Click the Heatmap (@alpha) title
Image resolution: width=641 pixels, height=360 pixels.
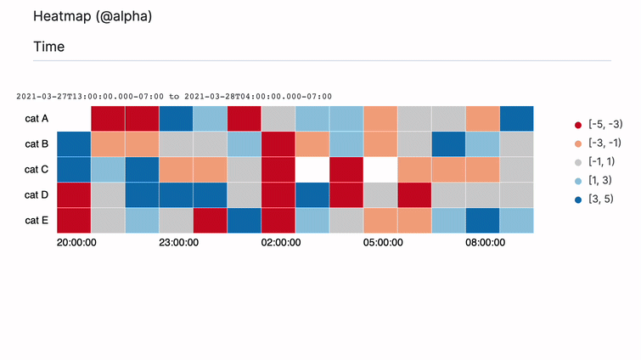click(93, 16)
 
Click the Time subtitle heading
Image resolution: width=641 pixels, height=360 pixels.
click(48, 47)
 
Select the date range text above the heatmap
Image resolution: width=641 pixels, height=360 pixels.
click(174, 96)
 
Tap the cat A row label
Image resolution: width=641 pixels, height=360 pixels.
click(37, 119)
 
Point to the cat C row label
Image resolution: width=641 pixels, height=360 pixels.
click(37, 170)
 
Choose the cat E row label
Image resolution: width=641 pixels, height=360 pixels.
click(37, 221)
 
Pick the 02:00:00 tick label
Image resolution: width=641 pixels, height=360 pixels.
click(281, 242)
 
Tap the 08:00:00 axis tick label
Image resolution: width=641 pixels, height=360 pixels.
click(485, 242)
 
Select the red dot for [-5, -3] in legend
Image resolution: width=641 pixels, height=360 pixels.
click(578, 125)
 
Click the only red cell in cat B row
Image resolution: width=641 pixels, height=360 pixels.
click(278, 144)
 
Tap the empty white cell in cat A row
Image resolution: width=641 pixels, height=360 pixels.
click(74, 119)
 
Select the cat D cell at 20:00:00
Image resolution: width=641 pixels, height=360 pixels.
click(74, 195)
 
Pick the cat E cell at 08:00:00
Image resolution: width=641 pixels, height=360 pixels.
click(482, 221)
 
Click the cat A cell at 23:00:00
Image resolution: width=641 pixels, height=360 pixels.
click(176, 119)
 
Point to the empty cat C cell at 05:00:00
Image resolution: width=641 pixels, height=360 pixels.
click(380, 170)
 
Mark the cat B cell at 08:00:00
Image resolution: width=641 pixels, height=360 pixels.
click(482, 144)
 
